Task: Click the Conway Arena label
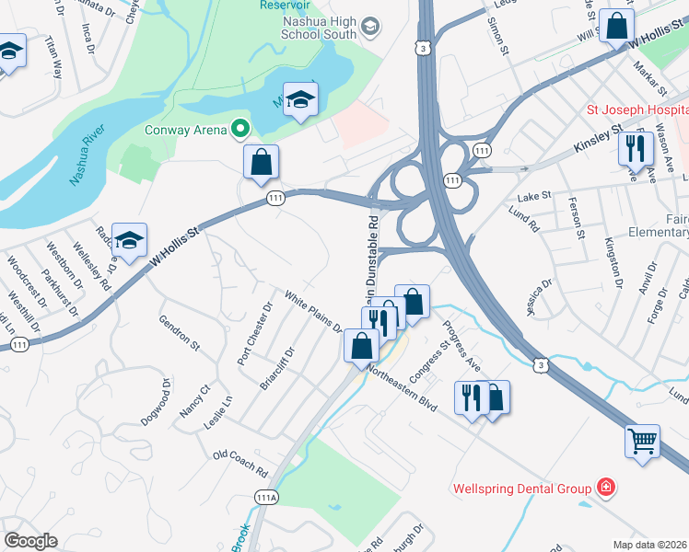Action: point(185,130)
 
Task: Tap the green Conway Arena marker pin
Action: point(241,129)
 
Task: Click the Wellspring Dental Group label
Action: point(521,487)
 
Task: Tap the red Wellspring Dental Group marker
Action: point(606,486)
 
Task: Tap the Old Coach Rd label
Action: point(239,463)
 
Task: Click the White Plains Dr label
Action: point(312,312)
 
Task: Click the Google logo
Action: point(30,540)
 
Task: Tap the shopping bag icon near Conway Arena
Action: point(262,162)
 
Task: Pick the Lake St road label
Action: point(533,196)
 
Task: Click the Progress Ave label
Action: point(461,346)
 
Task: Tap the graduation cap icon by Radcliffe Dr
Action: point(130,239)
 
